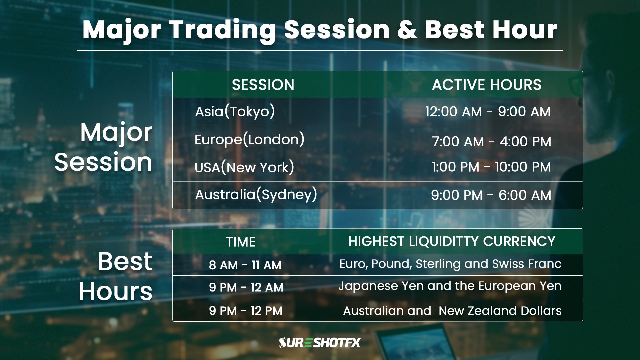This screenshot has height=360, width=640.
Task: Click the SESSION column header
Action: point(263,85)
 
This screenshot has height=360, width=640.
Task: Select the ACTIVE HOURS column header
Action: point(486,85)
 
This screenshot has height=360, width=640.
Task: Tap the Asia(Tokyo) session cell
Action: point(235,112)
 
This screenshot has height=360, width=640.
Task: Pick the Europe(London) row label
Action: point(249,140)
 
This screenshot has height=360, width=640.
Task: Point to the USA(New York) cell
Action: point(244,167)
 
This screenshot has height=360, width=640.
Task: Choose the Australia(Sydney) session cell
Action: point(256,195)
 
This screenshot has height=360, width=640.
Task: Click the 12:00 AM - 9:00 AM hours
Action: point(488,112)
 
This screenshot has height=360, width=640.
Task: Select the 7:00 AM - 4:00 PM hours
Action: point(492,142)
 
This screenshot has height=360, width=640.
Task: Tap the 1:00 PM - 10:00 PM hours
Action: point(491,167)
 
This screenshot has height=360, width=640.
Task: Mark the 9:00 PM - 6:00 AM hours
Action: point(491,195)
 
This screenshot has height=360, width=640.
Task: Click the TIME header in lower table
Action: point(241,242)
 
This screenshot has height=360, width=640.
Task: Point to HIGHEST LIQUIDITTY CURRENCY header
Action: point(452,241)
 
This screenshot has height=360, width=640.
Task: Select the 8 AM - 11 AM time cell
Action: point(245,265)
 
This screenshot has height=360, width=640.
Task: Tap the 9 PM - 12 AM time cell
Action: point(246,287)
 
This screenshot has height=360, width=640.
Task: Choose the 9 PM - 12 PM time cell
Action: point(246,311)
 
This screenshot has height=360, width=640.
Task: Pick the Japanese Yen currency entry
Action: point(381,286)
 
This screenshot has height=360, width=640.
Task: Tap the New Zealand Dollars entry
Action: point(500,311)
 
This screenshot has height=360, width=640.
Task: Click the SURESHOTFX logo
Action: point(320,343)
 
